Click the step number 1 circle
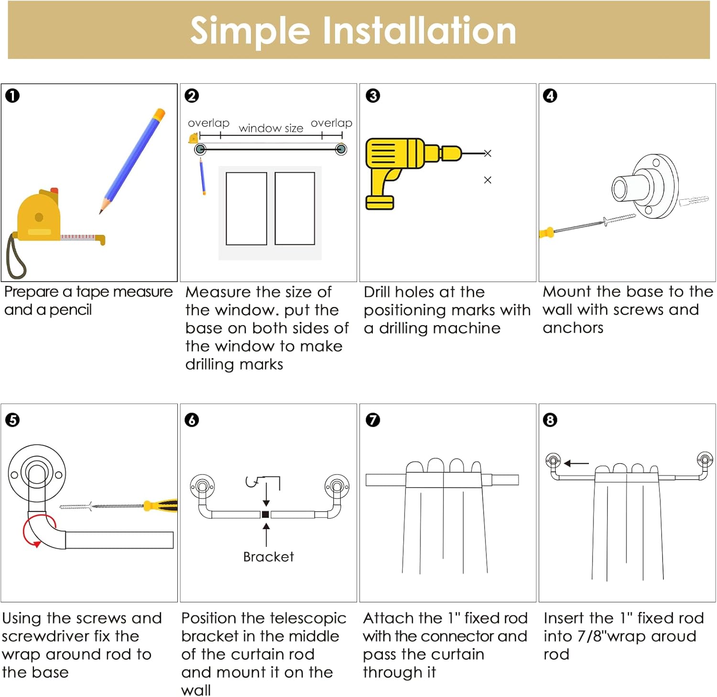click(x=12, y=96)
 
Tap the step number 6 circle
click(x=192, y=420)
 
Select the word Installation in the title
click(x=419, y=31)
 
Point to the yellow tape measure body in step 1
click(x=38, y=218)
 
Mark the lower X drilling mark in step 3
click(x=488, y=180)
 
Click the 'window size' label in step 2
click(x=271, y=128)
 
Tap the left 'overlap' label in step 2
click(x=208, y=123)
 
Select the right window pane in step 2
click(x=294, y=208)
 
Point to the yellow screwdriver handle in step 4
click(x=546, y=233)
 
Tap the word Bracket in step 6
click(x=268, y=557)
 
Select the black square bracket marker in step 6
click(x=266, y=514)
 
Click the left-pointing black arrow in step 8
click(x=576, y=463)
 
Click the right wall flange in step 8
click(x=705, y=459)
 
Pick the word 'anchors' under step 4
click(x=573, y=328)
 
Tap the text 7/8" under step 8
click(x=594, y=636)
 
